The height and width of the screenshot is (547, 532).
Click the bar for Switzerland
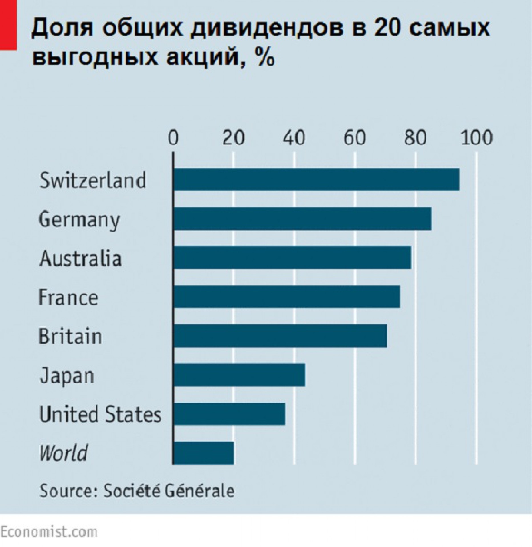tap(316, 179)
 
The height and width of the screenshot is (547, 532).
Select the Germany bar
tap(302, 219)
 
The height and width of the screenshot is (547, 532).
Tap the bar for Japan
tap(239, 375)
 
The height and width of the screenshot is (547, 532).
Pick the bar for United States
tap(229, 414)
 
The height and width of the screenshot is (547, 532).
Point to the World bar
tap(203, 453)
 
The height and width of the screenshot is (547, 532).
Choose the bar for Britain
tap(280, 336)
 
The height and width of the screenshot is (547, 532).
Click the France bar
tap(287, 297)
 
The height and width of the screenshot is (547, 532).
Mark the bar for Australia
tap(292, 258)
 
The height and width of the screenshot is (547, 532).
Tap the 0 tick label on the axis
tap(173, 138)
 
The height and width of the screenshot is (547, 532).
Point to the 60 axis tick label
tap(355, 138)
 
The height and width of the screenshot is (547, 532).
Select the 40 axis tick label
tap(294, 138)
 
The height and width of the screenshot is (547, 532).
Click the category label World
tap(63, 453)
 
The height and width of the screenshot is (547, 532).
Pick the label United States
tap(100, 414)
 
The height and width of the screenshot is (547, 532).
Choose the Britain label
tap(70, 336)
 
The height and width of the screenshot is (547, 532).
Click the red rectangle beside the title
tap(8, 25)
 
